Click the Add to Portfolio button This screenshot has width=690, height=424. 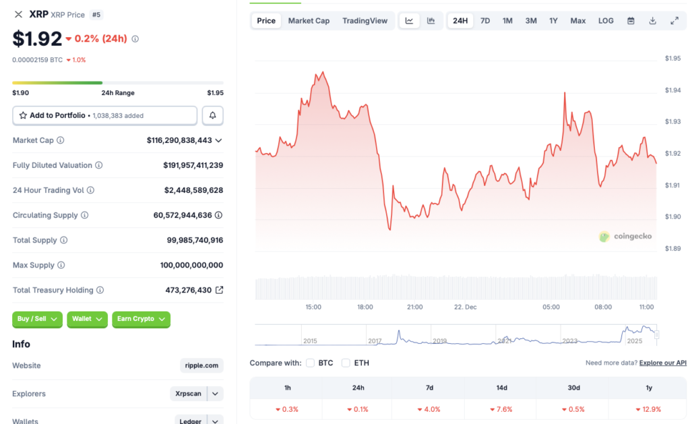(104, 115)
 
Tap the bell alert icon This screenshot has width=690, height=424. (212, 115)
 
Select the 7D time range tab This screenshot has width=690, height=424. (485, 21)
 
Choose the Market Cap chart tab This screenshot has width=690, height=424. (309, 21)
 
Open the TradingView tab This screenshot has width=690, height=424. (365, 21)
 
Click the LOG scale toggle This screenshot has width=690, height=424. (606, 21)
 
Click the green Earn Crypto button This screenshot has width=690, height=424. (141, 319)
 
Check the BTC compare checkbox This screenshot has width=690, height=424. (311, 363)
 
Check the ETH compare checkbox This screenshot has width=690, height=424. (346, 363)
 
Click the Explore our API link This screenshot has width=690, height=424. (662, 363)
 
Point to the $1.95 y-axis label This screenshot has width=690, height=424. (672, 59)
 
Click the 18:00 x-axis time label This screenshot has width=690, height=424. (365, 307)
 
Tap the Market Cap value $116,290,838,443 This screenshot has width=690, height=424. (179, 140)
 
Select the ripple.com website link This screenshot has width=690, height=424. (201, 365)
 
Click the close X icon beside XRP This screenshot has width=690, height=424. (18, 14)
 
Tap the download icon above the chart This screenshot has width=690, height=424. (652, 21)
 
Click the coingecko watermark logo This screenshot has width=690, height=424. (625, 237)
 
